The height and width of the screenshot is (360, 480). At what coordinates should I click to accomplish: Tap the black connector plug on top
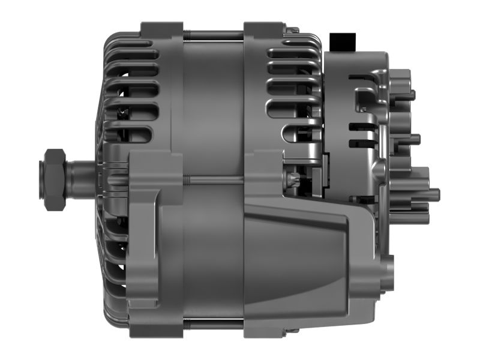click(343, 43)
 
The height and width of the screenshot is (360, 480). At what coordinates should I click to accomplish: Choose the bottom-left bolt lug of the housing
click(161, 329)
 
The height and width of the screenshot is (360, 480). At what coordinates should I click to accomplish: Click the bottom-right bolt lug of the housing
click(264, 329)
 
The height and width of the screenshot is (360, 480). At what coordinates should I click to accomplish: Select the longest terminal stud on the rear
click(430, 194)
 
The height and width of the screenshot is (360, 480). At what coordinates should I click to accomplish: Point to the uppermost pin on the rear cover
click(410, 94)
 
